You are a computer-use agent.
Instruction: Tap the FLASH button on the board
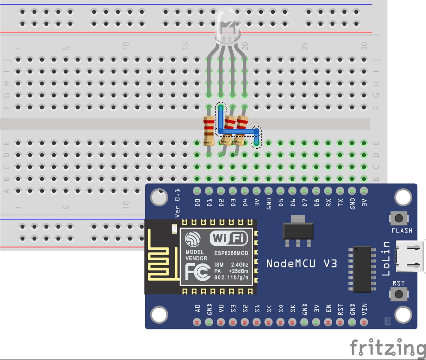pos(401,218)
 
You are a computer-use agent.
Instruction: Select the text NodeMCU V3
pos(301,263)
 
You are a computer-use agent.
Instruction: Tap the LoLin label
pos(386,258)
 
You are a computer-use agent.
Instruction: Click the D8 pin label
pos(316,204)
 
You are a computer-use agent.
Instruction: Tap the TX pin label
pos(340,204)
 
